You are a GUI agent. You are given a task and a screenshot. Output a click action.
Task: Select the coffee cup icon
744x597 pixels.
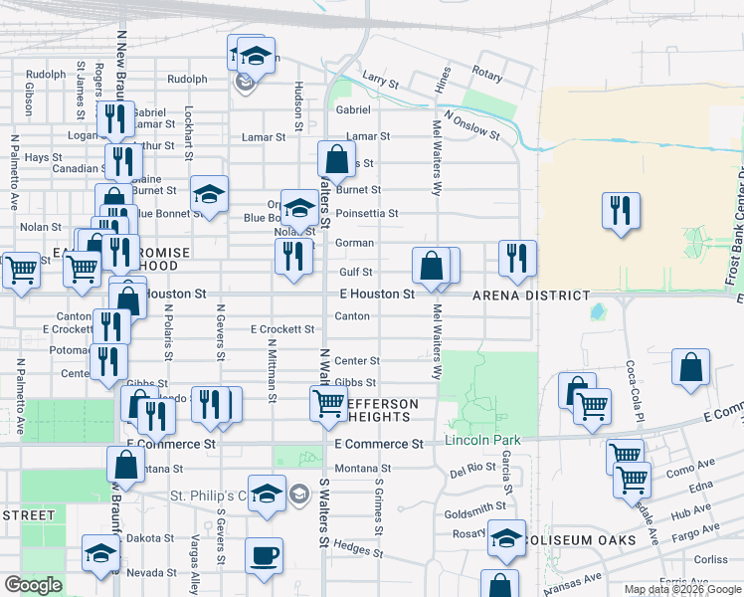coord(264,556)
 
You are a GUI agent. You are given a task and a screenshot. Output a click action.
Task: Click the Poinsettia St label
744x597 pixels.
coord(367,213)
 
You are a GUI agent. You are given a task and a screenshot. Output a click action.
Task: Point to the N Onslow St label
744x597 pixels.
coord(471,125)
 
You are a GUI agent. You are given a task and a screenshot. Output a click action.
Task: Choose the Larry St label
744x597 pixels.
coord(380,77)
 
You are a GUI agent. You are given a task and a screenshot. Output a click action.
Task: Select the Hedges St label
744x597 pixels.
coord(358,547)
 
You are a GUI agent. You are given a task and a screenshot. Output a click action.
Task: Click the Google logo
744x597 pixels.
coord(33,585)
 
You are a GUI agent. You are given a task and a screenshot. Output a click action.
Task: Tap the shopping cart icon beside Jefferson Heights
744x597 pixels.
coord(328,403)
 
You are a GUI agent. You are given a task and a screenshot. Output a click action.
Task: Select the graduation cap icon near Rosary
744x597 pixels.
coord(506,539)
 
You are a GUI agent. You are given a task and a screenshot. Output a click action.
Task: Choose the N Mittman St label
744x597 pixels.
coord(271,370)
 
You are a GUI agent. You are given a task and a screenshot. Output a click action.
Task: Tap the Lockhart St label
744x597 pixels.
coord(189,134)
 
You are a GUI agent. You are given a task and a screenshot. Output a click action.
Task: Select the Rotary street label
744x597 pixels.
coord(487,74)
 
